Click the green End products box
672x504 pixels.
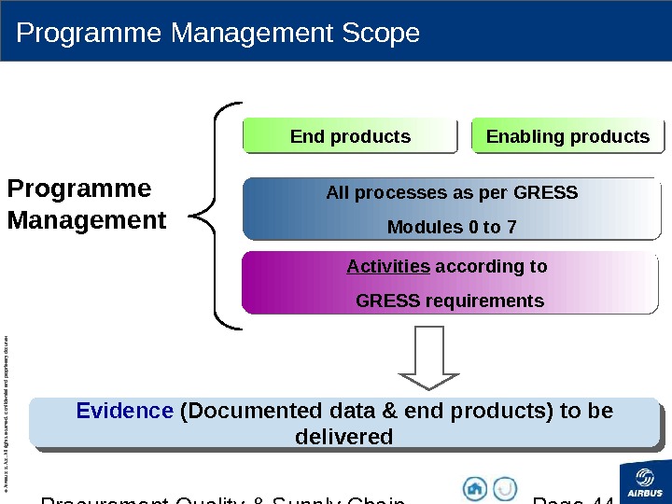coord(350,136)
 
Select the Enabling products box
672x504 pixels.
coord(567,136)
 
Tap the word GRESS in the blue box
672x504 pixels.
coord(549,193)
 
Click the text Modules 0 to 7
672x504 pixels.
coord(452,228)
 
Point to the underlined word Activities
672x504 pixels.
coord(388,267)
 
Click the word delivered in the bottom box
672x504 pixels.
coord(343,437)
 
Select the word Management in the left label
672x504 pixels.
coord(87,222)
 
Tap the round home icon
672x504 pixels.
coord(475,488)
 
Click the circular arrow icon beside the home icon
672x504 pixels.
coord(505,488)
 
